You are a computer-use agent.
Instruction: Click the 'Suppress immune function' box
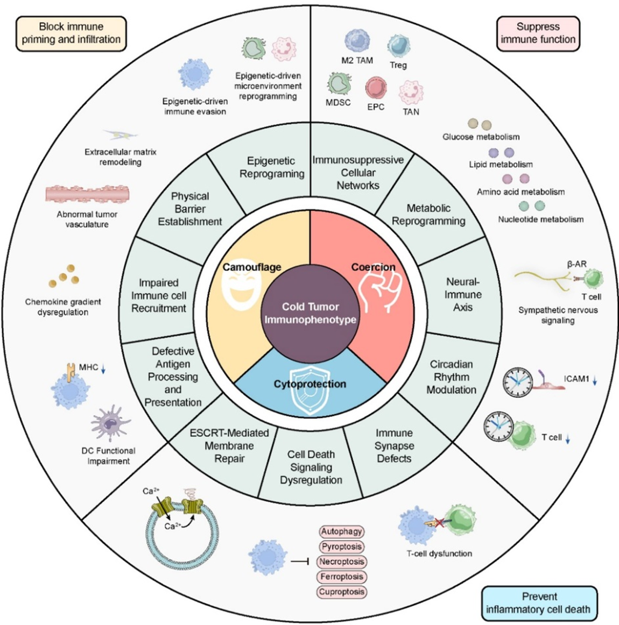(x=538, y=33)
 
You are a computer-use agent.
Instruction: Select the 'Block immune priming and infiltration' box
(x=71, y=33)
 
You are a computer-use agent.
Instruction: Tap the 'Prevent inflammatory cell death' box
(x=539, y=603)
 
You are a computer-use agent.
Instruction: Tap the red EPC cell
(x=376, y=88)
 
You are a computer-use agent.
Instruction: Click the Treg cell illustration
(x=398, y=46)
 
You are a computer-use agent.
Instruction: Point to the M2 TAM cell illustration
(x=356, y=41)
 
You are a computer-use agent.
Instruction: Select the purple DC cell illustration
(x=110, y=424)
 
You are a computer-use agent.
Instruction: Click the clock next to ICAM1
(x=518, y=381)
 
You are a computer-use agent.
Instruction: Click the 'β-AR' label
(x=576, y=264)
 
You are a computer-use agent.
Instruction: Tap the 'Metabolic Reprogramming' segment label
(x=428, y=215)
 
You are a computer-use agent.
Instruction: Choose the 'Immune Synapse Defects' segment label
(x=394, y=446)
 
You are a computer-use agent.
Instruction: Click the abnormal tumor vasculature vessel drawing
(x=87, y=195)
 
